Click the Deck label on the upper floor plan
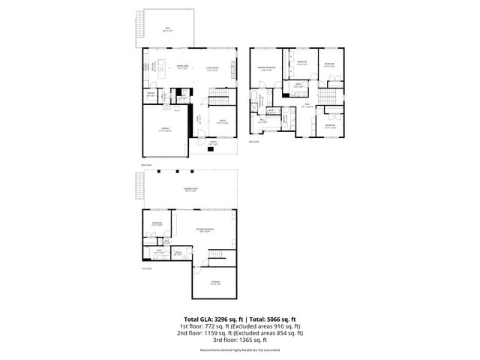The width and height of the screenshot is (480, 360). point(166,28)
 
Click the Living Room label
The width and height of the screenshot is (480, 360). point(211,69)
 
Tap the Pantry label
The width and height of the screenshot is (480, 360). point(151,94)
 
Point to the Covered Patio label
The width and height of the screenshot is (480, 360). point(190,190)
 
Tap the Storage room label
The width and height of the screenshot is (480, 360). point(215,283)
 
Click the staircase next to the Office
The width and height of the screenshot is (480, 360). point(217,102)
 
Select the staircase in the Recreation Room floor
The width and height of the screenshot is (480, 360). point(216,257)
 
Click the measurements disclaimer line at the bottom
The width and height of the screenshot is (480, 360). point(240,350)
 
